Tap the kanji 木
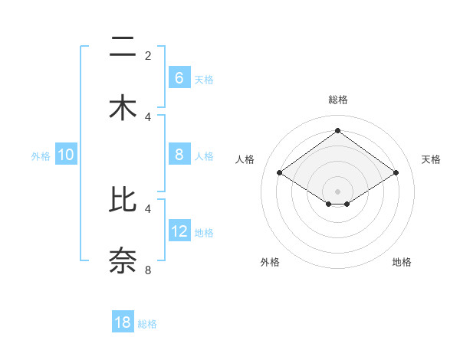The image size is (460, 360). pos(123,108)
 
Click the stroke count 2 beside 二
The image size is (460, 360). pos(148,56)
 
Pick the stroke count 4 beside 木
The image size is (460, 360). pos(148,116)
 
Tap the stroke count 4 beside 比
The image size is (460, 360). pos(148,208)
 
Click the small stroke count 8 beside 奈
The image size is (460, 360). pos(148,270)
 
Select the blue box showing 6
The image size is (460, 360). pos(179,78)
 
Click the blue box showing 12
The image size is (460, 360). pos(179,231)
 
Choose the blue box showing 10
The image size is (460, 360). pos(66,155)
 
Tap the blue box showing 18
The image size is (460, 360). pos(123,322)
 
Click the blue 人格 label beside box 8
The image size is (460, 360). pos(204,155)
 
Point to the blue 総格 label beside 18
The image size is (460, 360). pos(147,324)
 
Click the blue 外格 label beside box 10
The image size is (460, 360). pos(41,155)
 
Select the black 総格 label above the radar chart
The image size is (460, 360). pos(337,100)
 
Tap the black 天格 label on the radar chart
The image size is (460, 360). pos(431,159)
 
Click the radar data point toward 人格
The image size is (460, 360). pos(279,173)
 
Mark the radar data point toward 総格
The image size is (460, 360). pos(337,130)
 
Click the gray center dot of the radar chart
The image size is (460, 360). pos(337,191)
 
